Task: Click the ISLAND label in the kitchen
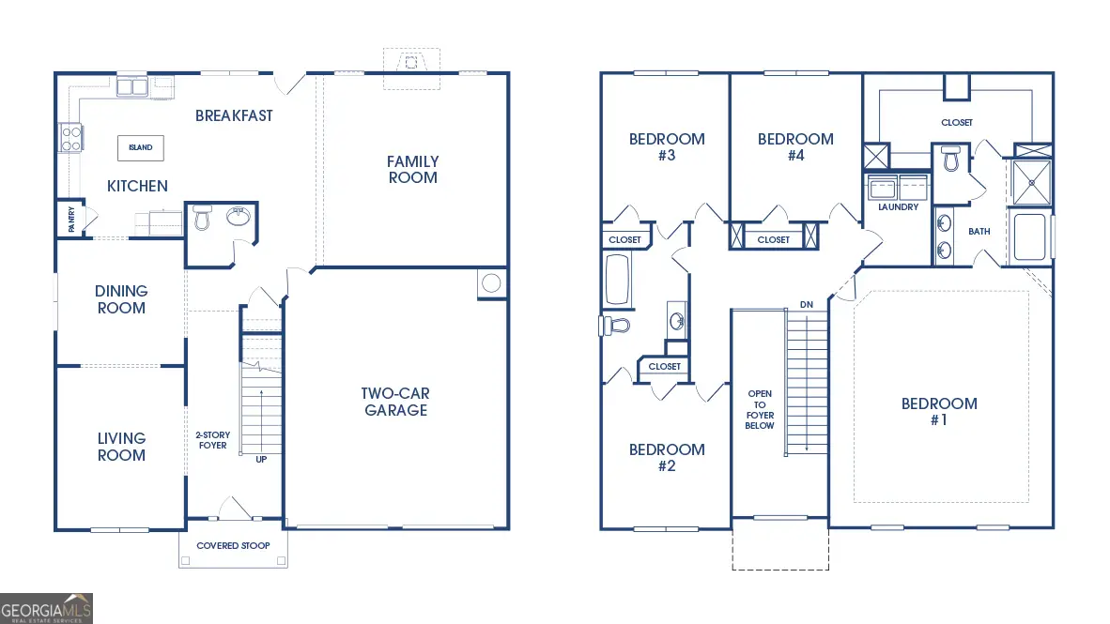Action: click(141, 147)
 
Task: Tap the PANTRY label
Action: click(71, 219)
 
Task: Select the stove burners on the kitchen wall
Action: click(70, 138)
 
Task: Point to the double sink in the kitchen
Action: click(131, 87)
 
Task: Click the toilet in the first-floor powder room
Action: click(201, 219)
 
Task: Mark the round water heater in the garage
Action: click(490, 282)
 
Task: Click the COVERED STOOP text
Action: click(233, 546)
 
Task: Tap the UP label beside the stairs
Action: click(262, 459)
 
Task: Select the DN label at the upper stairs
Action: click(807, 305)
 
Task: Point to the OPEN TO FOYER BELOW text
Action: click(760, 410)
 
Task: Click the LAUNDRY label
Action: click(898, 207)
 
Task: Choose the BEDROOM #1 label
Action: click(939, 411)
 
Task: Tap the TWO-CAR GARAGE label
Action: click(395, 402)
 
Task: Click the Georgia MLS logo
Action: click(47, 608)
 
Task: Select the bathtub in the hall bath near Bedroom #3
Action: click(617, 281)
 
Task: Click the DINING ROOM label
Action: click(121, 299)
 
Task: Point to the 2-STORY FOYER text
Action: click(212, 440)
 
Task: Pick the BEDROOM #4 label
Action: click(795, 146)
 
